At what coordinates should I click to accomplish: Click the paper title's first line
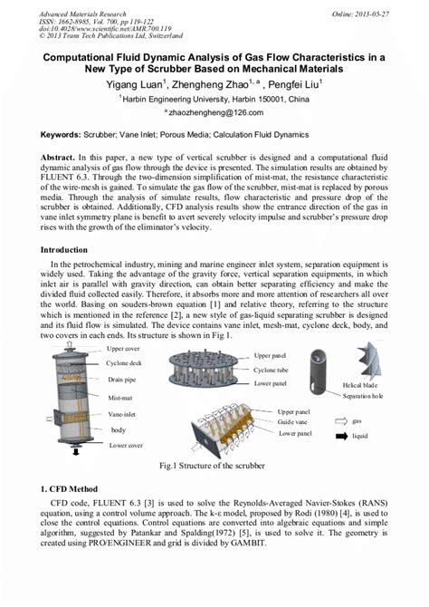pos(214,56)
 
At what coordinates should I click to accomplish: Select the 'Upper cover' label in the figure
pos(125,348)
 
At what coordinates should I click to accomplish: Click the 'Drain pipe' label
pos(124,380)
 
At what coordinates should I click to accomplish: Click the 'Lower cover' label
pos(126,446)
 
